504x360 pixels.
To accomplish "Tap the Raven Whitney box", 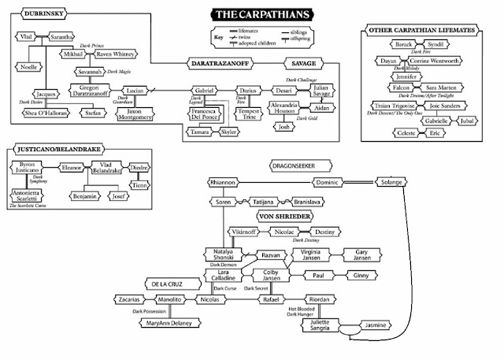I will (x=115, y=54).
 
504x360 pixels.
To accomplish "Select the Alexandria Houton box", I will (x=289, y=108).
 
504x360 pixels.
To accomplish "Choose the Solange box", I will (x=391, y=183).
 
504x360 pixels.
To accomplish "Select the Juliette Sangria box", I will (x=323, y=325).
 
